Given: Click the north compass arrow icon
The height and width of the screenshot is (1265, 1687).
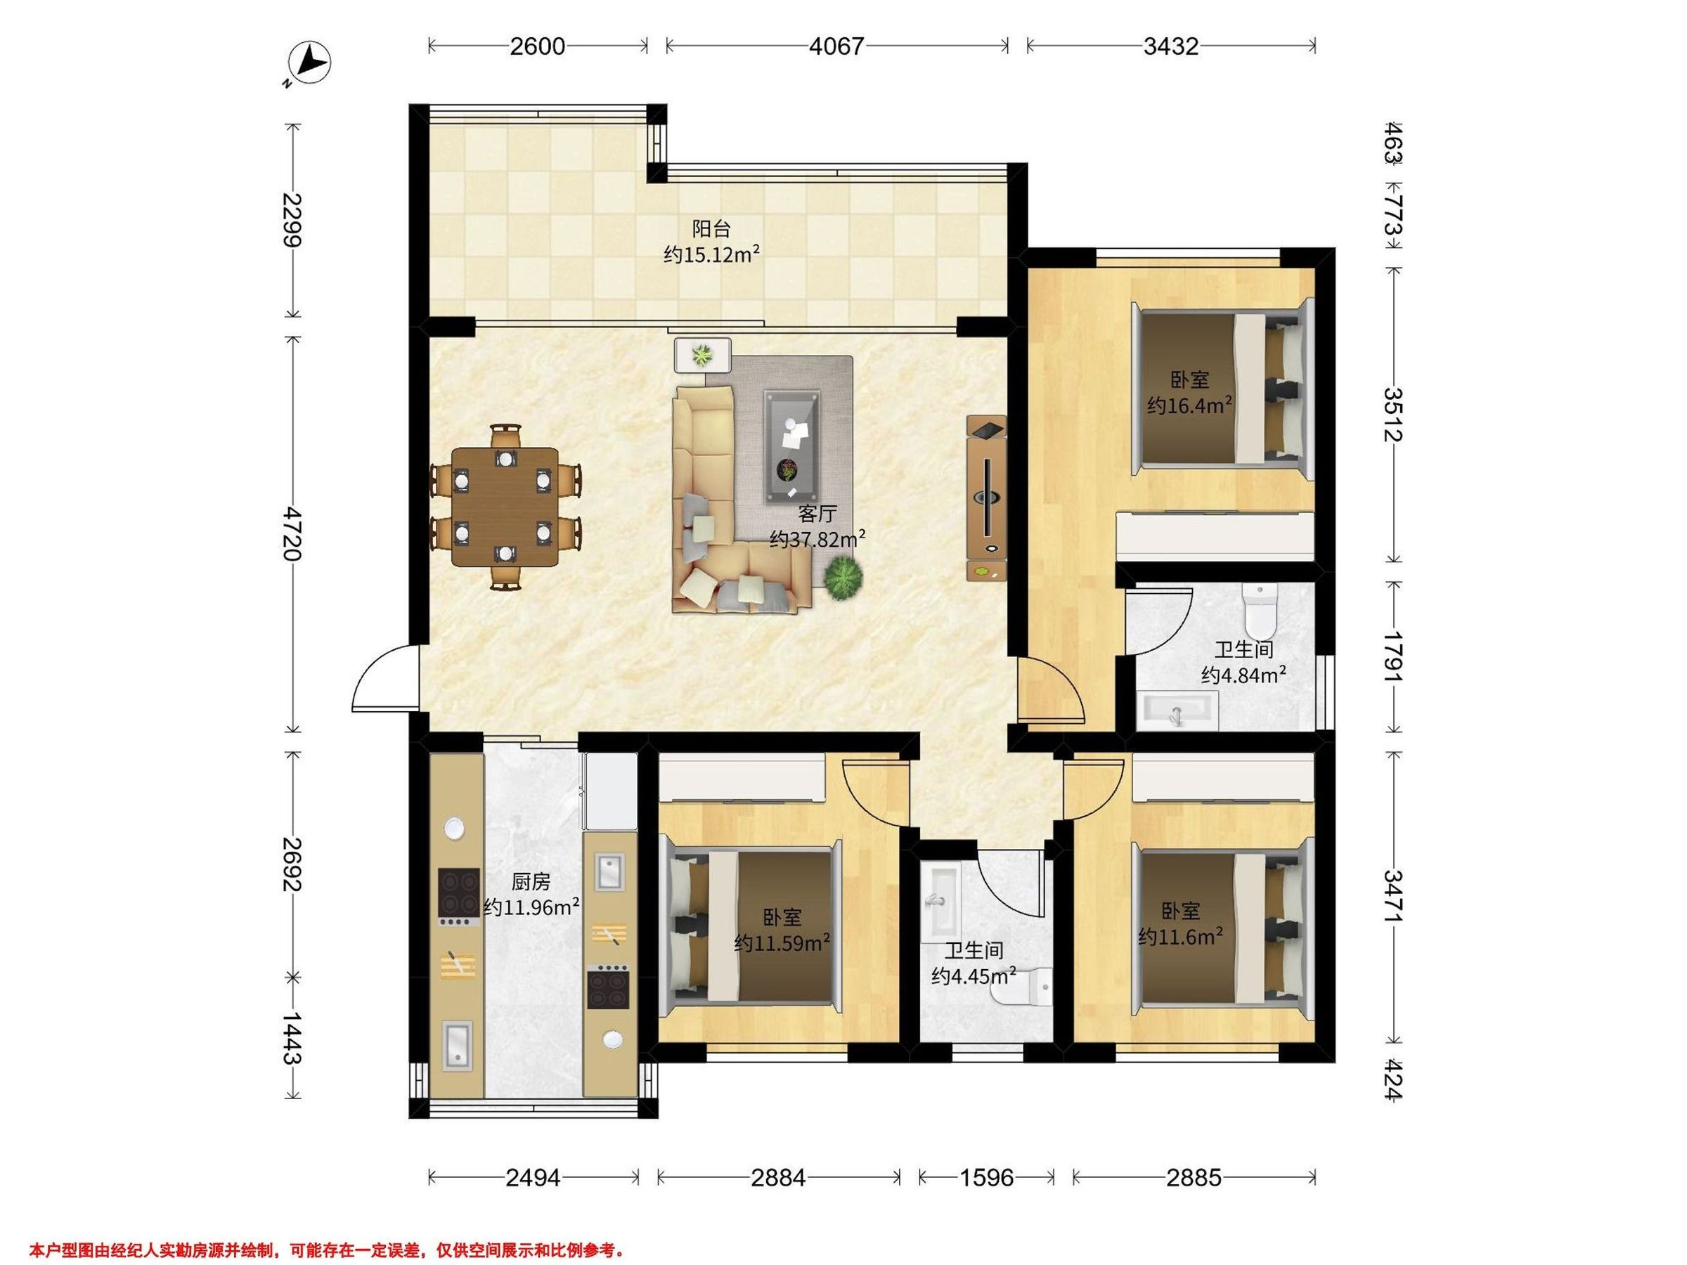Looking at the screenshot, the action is [x=311, y=62].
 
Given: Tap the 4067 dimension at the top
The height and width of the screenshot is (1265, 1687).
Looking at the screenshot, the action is [x=836, y=46].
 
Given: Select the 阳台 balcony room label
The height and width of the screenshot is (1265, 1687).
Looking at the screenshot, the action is [x=711, y=228].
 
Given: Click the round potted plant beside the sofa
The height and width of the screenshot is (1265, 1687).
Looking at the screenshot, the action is [x=842, y=577].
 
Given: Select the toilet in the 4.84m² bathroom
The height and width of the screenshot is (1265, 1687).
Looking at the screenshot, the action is [x=1259, y=610].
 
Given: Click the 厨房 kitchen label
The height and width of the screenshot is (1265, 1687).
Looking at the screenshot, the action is [x=530, y=882].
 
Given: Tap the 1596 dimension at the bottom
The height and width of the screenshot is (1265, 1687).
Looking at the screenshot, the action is [x=986, y=1178].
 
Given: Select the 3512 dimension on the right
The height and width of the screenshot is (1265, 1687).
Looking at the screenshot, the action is [x=1392, y=415].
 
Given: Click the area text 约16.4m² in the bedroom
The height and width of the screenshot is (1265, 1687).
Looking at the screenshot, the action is [x=1191, y=404].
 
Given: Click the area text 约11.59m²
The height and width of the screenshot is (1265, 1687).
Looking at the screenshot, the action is [x=782, y=943].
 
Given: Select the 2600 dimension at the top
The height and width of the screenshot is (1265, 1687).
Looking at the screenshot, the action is [x=538, y=46].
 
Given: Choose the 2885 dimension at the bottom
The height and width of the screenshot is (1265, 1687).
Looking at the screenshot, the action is [x=1194, y=1178].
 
